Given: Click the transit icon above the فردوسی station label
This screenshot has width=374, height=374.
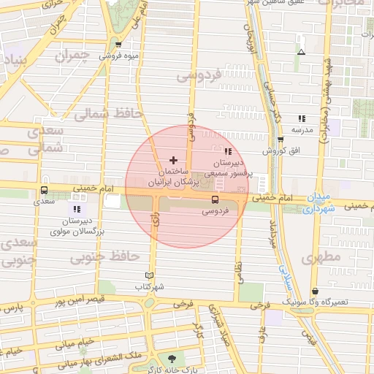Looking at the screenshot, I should (215, 199).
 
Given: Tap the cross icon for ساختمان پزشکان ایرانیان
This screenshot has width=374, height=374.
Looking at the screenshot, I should (173, 159).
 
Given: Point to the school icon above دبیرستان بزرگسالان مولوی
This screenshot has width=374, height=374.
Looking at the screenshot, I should (77, 210).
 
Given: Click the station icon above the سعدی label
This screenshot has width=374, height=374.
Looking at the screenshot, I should (45, 191).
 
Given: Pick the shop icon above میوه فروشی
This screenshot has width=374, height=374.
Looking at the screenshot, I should (118, 45).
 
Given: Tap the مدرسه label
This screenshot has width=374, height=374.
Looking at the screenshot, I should (302, 129).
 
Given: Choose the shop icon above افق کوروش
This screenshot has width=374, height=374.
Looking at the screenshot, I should (280, 139).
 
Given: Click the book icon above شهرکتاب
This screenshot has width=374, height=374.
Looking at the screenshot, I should (149, 275).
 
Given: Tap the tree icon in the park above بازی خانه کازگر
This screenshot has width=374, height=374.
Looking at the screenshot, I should (172, 358).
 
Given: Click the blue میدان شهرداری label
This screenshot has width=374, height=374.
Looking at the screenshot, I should (318, 203).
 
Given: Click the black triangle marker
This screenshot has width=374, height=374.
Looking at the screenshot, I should (301, 52).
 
